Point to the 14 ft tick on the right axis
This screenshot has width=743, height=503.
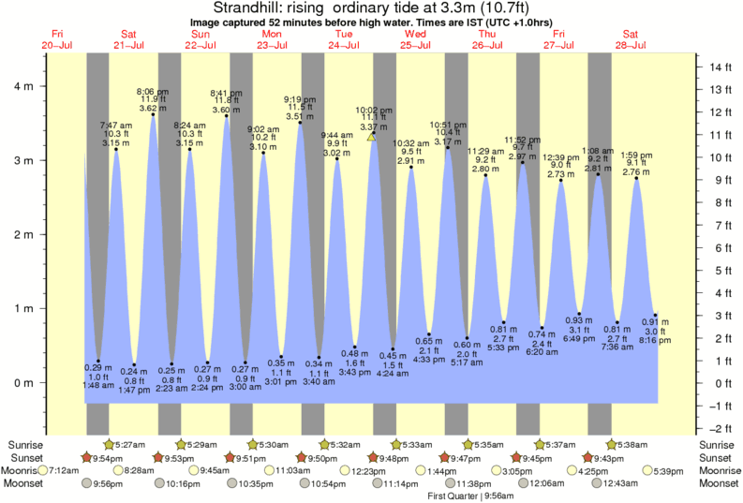point(720,67)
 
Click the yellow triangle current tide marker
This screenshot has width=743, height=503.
point(371,137)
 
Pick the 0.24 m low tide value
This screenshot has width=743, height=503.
point(134,371)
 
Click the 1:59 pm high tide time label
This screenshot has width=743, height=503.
point(636,155)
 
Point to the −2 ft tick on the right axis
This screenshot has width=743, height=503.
point(720,427)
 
